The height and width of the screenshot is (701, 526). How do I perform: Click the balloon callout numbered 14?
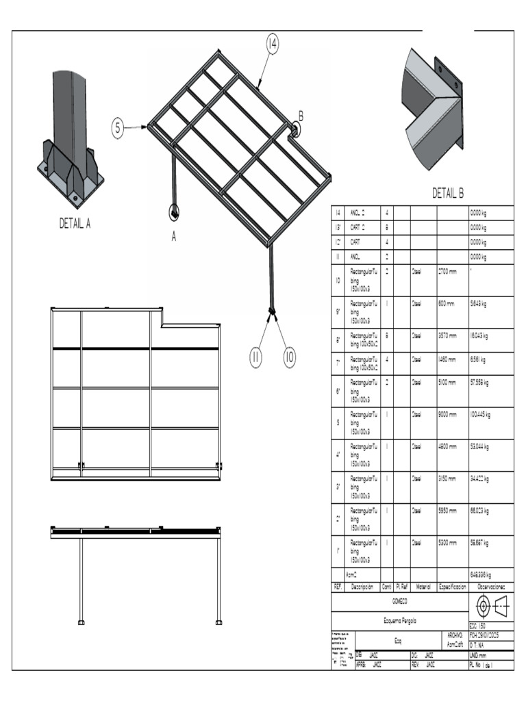point(272,44)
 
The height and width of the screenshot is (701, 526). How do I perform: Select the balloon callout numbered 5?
point(118,127)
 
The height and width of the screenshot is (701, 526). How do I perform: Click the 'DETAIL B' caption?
point(448,194)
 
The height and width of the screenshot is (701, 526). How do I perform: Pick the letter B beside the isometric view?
point(301,116)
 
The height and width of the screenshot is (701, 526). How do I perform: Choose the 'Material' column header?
point(423,587)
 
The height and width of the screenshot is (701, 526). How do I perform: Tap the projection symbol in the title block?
point(490,607)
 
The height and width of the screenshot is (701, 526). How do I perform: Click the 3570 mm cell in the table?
point(447,336)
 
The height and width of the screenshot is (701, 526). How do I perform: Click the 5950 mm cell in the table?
point(447,510)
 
